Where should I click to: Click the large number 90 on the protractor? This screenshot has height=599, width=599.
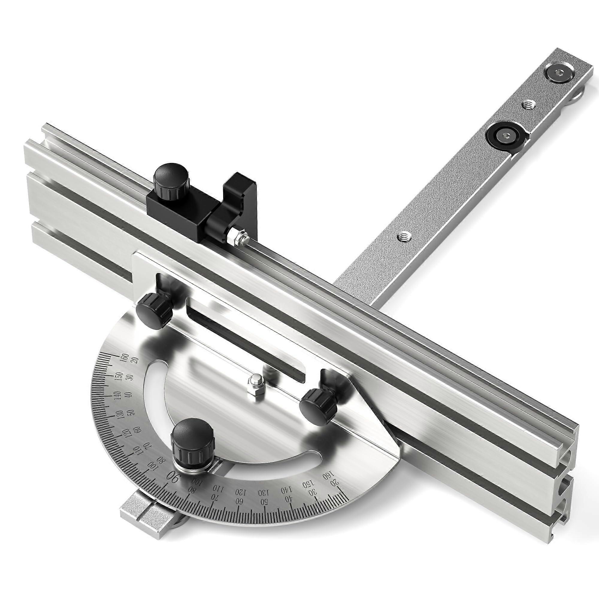click(173, 485)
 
